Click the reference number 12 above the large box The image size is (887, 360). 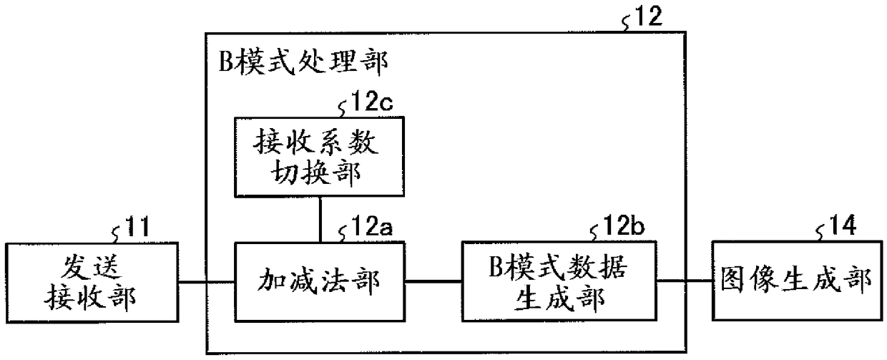648,16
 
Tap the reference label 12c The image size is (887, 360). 371,102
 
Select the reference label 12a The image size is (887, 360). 371,227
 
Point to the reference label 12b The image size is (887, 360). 623,225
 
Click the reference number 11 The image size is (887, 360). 137,227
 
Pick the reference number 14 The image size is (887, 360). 842,225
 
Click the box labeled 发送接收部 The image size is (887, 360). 92,283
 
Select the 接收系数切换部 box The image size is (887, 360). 319,157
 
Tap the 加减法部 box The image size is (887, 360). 320,281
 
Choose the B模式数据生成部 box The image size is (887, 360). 559,281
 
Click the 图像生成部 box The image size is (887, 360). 798,281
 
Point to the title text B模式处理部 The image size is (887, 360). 303,62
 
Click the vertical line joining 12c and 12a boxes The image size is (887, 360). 320,220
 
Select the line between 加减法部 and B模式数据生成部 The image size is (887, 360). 433,281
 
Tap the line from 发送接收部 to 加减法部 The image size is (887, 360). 206,283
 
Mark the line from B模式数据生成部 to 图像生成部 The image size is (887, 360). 685,281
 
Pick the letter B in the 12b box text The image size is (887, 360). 496,266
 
